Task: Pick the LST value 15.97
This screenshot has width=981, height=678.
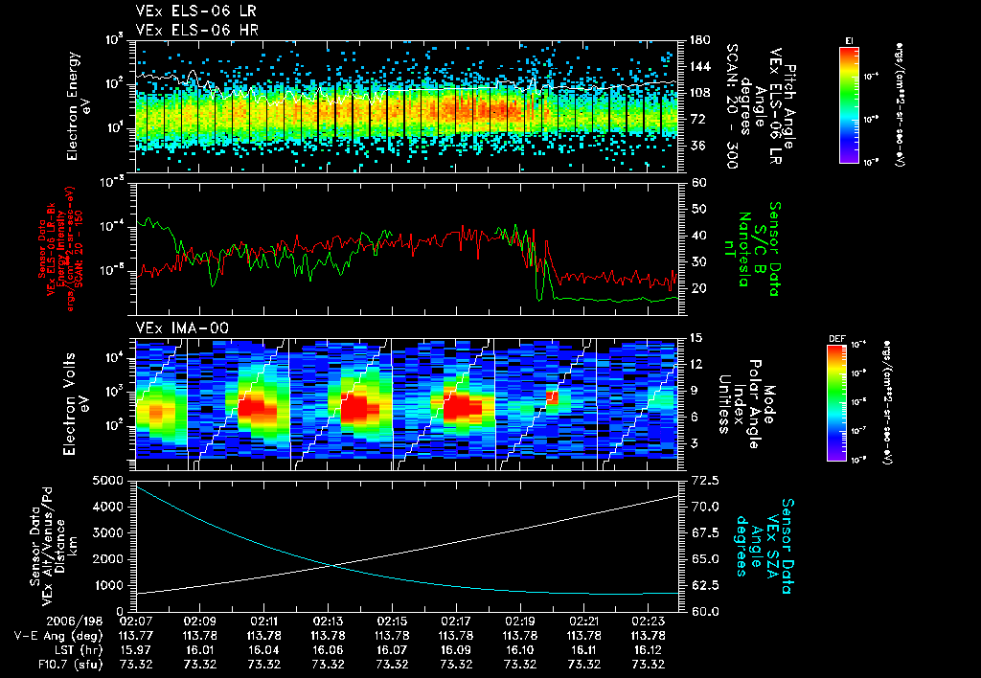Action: click(x=136, y=649)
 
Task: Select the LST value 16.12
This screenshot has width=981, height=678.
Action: click(x=648, y=649)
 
